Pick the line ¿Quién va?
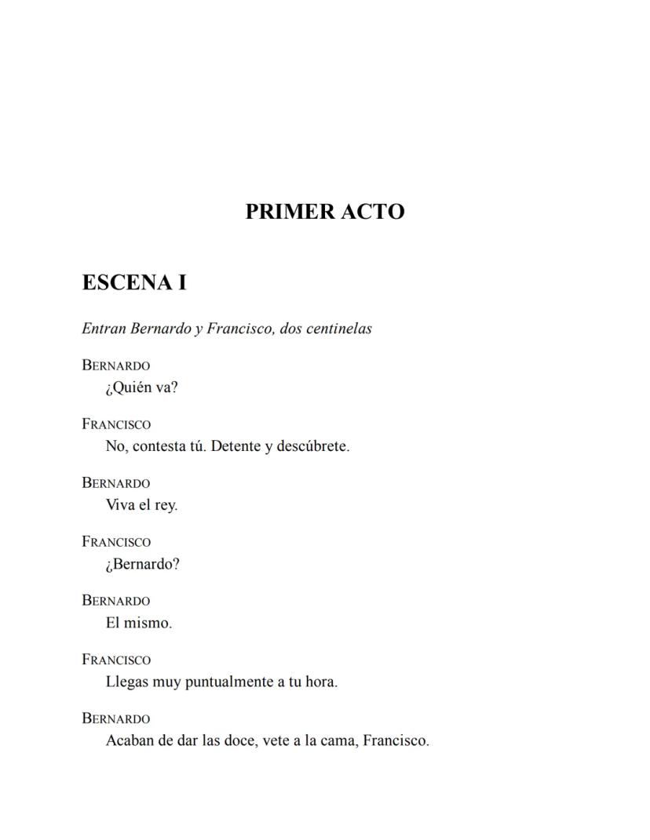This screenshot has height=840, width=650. click(x=141, y=387)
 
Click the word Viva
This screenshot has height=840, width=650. click(x=120, y=505)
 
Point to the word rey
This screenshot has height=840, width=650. click(x=165, y=506)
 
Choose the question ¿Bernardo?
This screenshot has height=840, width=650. click(x=142, y=564)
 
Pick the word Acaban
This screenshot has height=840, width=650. click(x=130, y=740)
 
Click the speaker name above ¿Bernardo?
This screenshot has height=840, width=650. click(x=116, y=542)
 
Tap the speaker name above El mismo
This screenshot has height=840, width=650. click(x=116, y=601)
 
